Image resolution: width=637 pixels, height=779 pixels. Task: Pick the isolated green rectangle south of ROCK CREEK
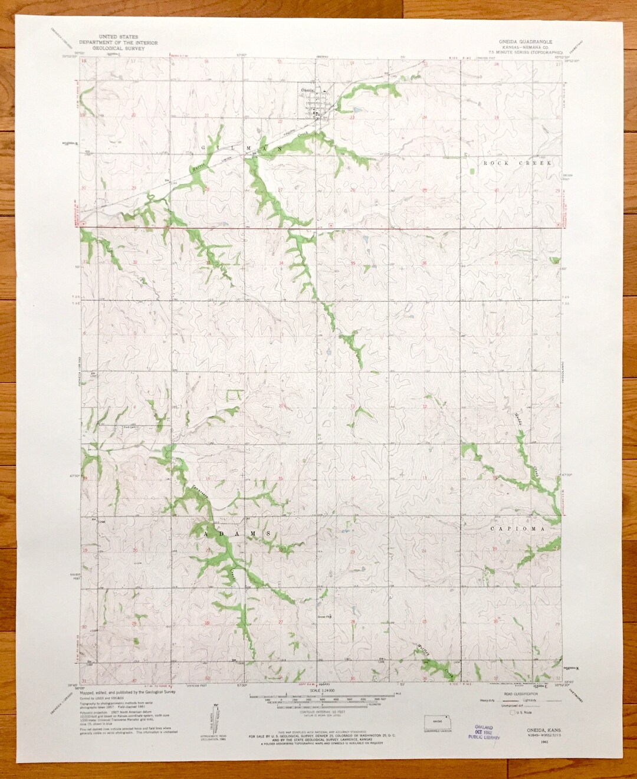coord(471,171)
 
